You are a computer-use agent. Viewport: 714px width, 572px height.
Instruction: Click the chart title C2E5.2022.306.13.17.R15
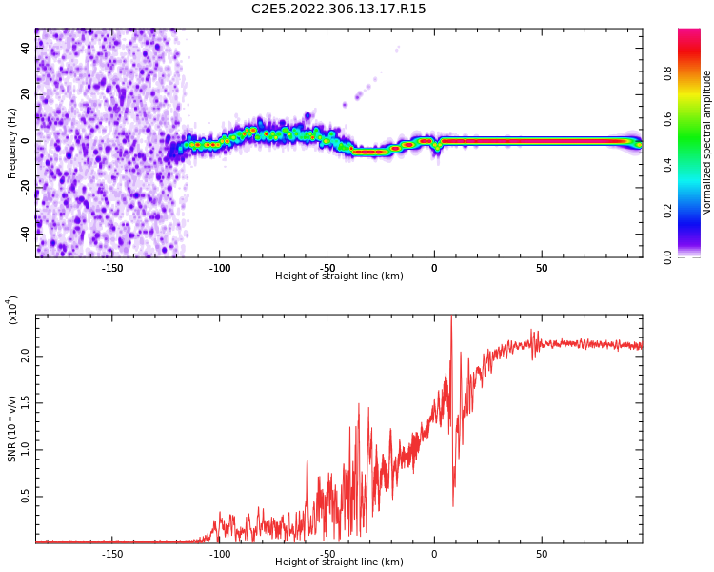click(339, 10)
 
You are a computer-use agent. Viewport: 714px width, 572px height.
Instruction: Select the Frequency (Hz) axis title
click(12, 143)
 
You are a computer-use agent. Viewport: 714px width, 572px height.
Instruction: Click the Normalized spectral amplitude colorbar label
click(707, 143)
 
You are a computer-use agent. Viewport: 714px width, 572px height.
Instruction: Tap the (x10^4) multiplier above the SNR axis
click(12, 310)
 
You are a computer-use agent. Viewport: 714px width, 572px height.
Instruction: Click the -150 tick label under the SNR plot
click(112, 554)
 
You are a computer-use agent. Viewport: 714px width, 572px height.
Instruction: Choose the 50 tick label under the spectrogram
click(541, 268)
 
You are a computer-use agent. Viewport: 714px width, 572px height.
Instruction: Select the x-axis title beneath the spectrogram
click(339, 276)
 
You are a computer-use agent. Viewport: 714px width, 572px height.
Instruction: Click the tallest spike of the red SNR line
click(451, 318)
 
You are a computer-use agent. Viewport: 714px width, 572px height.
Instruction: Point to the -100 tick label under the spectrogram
click(220, 268)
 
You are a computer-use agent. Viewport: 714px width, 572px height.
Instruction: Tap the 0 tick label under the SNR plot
click(434, 554)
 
